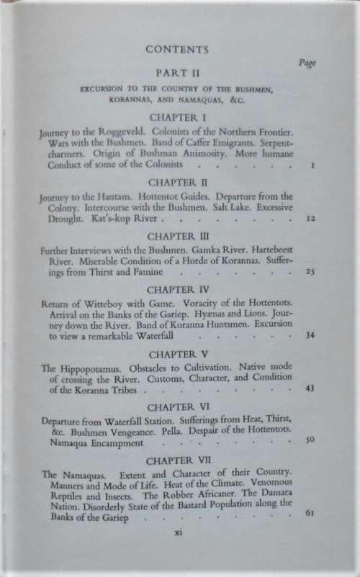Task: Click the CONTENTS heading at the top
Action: coord(177,50)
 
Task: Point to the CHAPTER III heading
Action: coord(177,235)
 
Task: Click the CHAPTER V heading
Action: coord(177,354)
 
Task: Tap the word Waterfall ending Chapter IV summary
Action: coord(163,335)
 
